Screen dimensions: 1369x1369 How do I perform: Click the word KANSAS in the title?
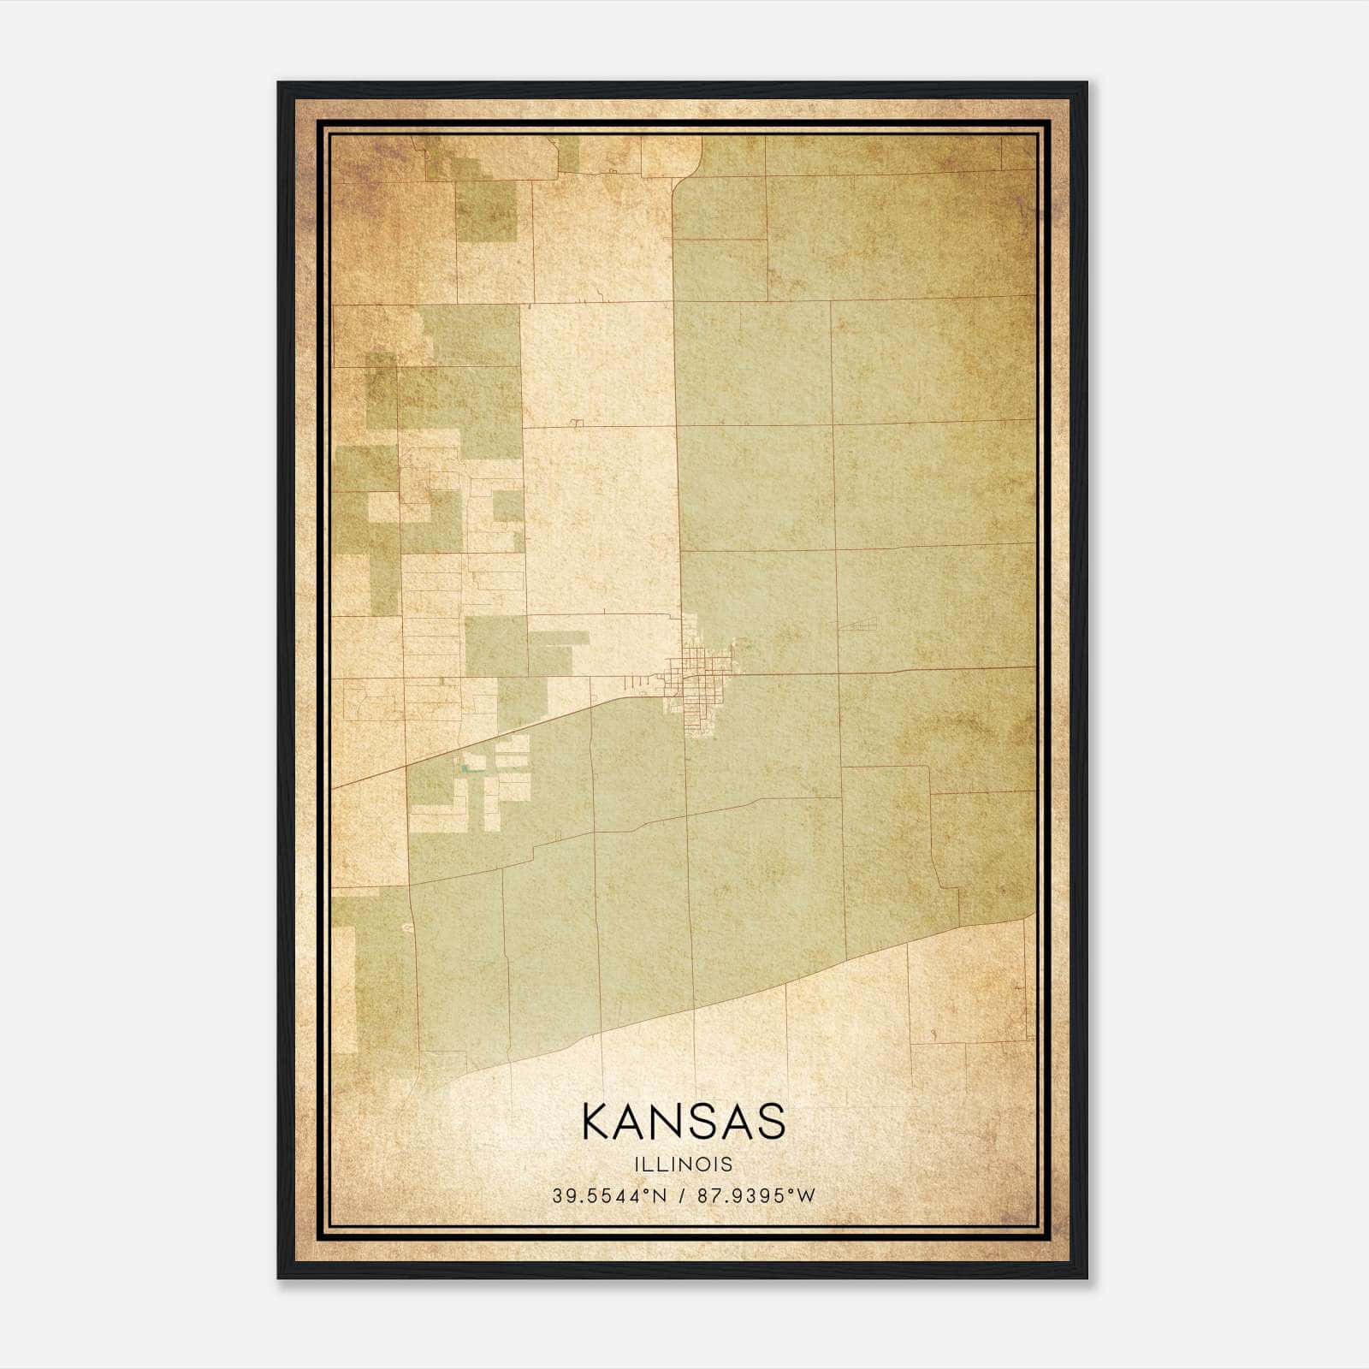683,1122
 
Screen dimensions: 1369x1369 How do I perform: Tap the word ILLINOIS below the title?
683,1164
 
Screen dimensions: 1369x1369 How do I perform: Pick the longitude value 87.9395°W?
757,1196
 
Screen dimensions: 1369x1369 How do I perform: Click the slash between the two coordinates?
682,1196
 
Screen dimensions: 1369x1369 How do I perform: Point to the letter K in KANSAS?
596,1122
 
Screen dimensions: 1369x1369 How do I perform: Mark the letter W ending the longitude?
808,1196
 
